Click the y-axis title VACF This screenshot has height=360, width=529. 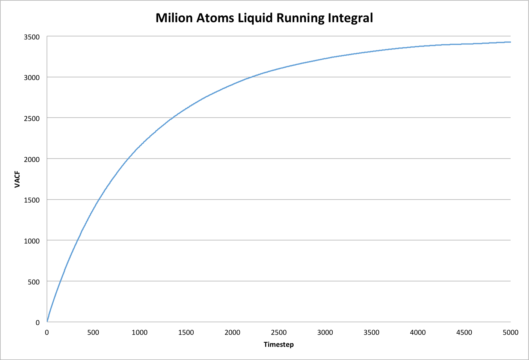pos(17,179)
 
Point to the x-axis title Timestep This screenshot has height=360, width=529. pos(279,345)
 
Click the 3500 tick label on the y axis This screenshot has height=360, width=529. pos(32,37)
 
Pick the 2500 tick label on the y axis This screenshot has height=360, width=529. pos(32,118)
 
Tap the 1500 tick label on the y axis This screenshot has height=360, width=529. pos(32,200)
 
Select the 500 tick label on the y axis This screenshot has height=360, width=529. pos(34,281)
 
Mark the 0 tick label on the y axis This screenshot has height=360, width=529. pos(38,322)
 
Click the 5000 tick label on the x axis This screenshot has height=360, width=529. pos(510,333)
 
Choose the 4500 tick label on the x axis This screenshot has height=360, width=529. pos(464,333)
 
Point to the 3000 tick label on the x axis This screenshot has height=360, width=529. pos(325,333)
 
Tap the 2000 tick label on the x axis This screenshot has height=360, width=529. pos(232,333)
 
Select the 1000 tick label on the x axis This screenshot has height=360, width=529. pos(140,333)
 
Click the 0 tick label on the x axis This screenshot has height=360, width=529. pos(47,333)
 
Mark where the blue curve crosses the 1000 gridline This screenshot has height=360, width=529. pos(78,240)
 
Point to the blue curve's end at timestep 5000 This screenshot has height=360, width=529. pos(510,42)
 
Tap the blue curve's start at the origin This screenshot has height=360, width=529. pos(47,322)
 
